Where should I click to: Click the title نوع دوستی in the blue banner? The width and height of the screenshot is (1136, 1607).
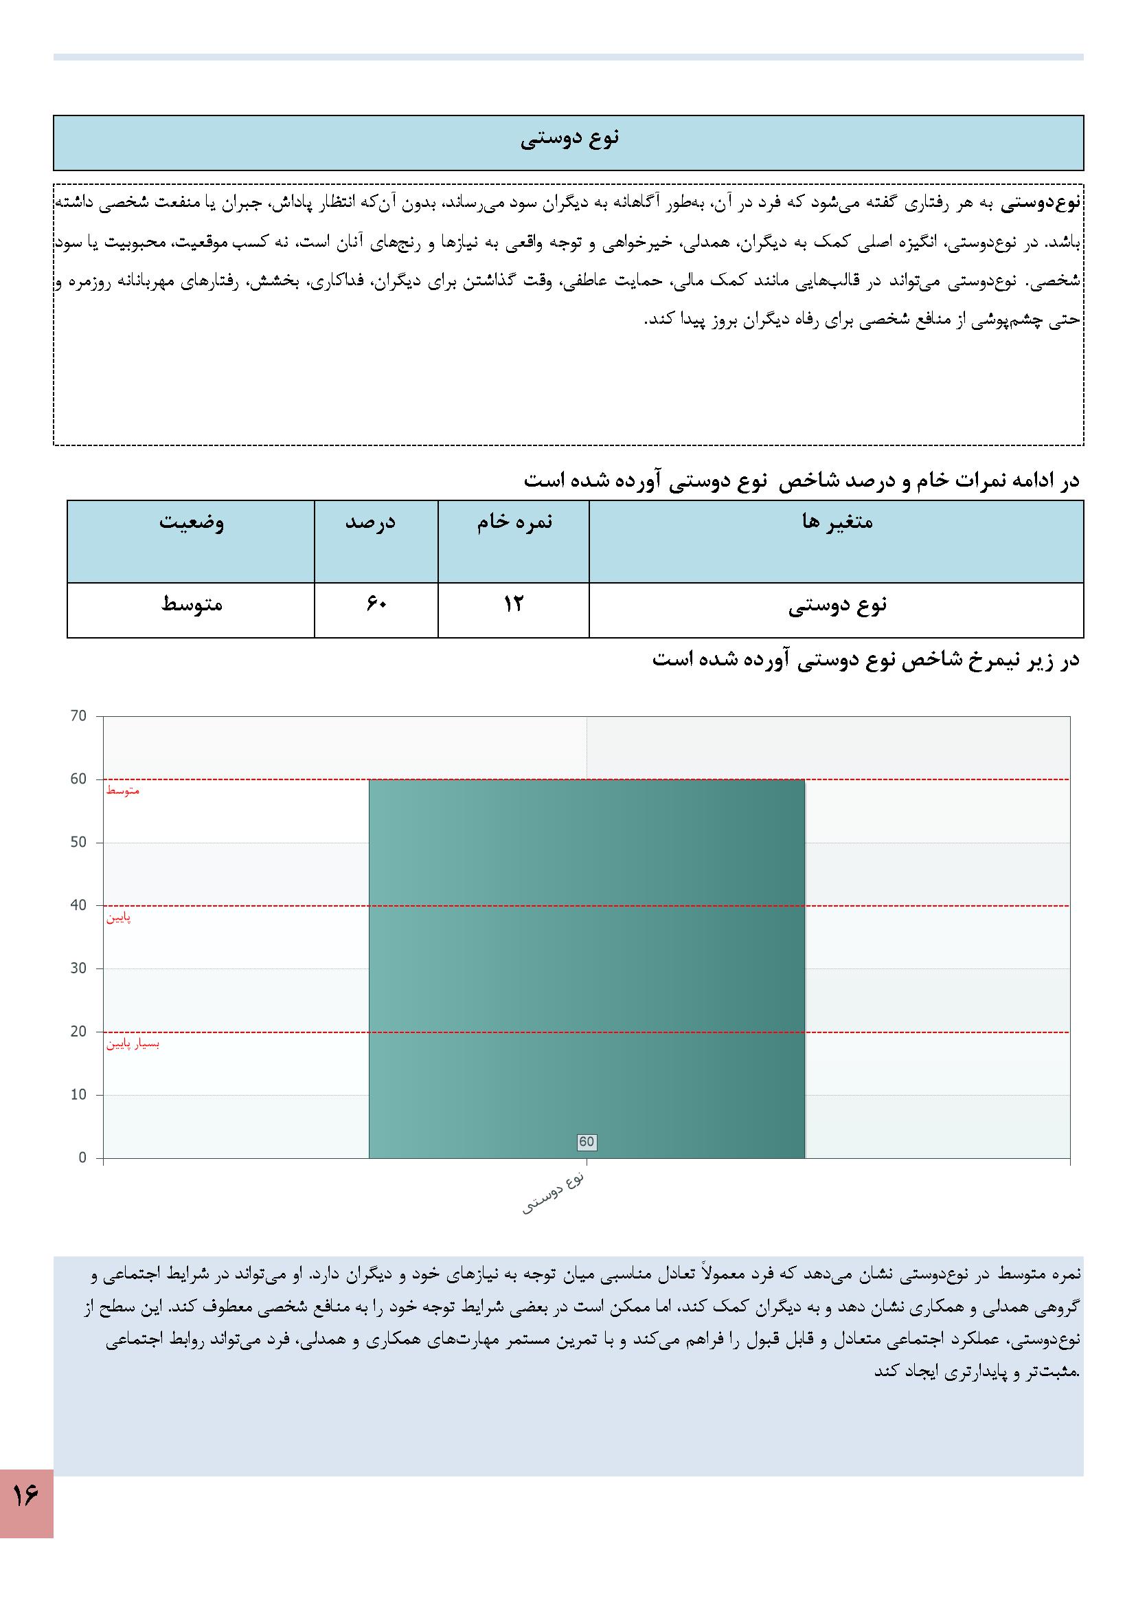click(x=569, y=139)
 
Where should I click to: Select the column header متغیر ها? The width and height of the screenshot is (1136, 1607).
click(x=837, y=522)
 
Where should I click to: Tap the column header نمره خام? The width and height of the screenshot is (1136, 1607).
click(x=514, y=522)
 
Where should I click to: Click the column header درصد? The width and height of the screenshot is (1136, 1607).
click(x=376, y=522)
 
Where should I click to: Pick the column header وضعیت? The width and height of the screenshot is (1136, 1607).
click(x=191, y=522)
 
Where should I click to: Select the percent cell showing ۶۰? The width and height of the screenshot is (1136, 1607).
click(x=376, y=603)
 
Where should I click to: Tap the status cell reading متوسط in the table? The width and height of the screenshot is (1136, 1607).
click(x=191, y=603)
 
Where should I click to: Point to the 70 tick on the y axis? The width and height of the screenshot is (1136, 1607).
click(x=78, y=716)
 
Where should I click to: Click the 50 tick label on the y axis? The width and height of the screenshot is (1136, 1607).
click(x=78, y=842)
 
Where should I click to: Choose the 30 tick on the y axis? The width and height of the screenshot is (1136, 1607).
click(x=78, y=968)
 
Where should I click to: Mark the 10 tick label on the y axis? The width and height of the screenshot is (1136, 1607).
click(x=78, y=1095)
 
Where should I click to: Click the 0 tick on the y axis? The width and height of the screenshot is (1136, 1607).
click(x=82, y=1157)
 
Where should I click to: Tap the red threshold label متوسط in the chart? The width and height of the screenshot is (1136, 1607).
click(x=122, y=791)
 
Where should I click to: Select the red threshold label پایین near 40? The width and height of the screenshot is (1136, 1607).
click(x=119, y=918)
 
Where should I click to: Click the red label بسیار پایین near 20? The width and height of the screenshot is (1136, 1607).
click(x=133, y=1044)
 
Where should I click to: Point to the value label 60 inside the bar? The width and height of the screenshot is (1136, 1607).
click(x=586, y=1142)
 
